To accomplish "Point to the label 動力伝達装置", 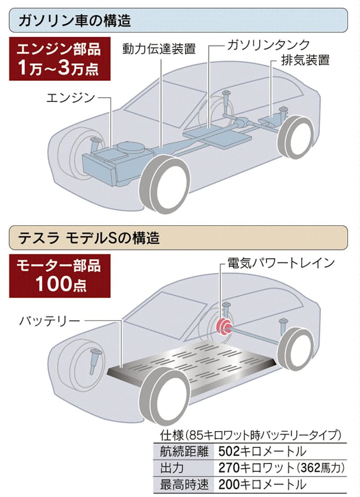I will [x=159, y=49].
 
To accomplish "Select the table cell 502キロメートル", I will [x=262, y=452].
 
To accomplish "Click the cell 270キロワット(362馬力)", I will [x=282, y=468].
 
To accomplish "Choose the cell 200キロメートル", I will [x=262, y=484].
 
